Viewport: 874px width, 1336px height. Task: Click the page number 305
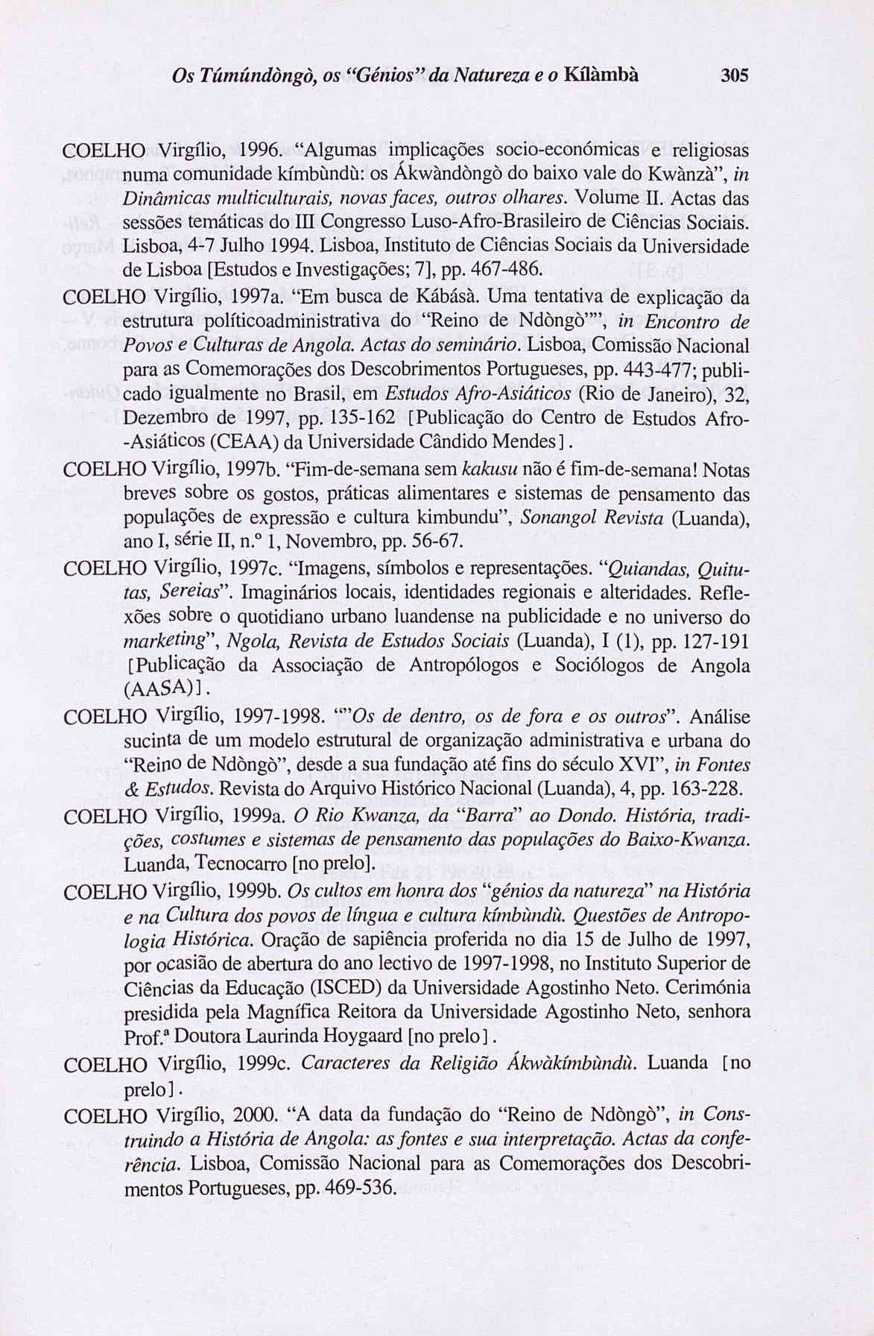tap(733, 76)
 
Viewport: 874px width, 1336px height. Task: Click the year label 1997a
tap(258, 297)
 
